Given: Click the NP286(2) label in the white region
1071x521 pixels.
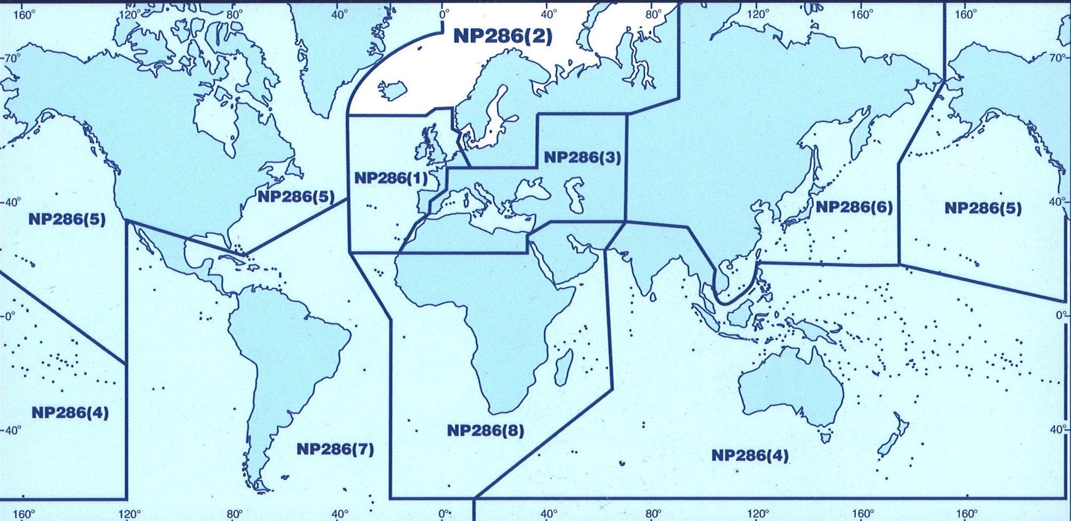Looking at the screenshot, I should coord(503,36).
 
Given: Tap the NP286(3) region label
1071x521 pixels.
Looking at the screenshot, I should coord(583,158).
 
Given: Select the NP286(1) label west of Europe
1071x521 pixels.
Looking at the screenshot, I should coord(390,178).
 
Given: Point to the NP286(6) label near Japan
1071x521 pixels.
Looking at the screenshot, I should coord(854,207).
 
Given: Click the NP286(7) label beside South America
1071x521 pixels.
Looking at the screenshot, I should coord(335,449).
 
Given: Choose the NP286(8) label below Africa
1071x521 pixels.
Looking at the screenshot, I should coord(485,430).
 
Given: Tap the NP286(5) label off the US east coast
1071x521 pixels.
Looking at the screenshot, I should coord(296,197).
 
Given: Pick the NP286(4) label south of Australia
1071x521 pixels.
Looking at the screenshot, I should coord(750,455).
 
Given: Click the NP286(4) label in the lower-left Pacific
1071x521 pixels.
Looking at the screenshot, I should coord(70,412).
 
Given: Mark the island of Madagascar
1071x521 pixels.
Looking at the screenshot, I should coord(562,367).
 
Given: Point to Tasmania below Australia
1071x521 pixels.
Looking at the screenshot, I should coord(826,438).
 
